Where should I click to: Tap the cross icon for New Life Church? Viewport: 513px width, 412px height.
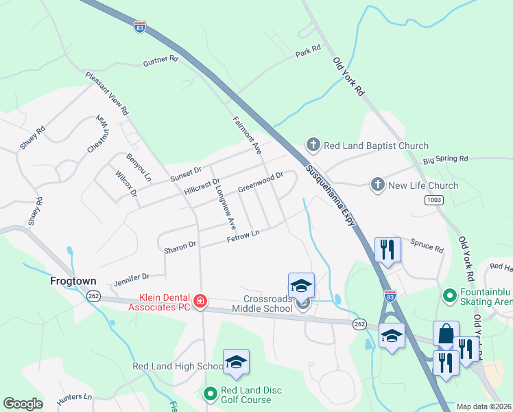377,185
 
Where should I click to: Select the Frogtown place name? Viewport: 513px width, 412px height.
73,282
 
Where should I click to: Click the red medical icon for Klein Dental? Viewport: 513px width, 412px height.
200,301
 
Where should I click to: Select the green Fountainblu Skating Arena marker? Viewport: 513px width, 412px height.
450,297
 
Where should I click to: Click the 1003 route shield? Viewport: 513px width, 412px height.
433,200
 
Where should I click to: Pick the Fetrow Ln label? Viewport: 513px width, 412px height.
243,236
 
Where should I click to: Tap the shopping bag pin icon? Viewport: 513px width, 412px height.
446,334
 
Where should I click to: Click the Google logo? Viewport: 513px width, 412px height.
23,404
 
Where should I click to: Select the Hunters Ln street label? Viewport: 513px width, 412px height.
74,397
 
